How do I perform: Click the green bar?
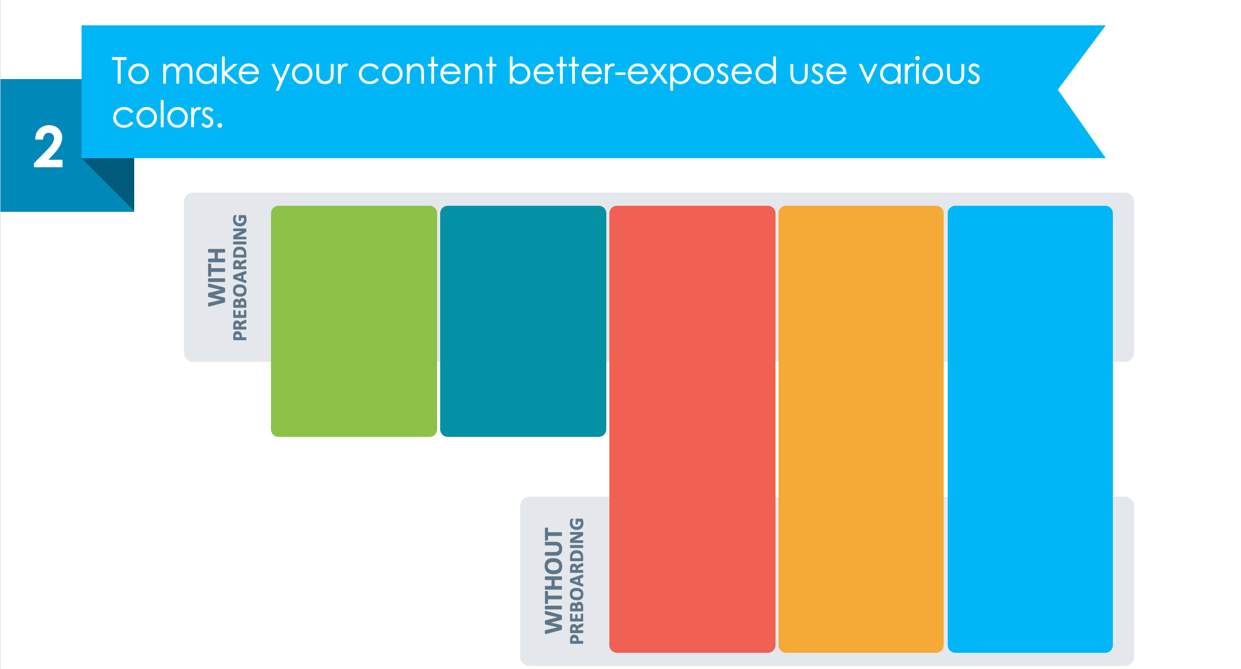[x=354, y=321]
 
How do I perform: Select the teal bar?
[x=523, y=321]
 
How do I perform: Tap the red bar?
[x=692, y=429]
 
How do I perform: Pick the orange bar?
[x=861, y=429]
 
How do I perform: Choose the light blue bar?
[x=1030, y=429]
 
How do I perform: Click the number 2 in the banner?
[x=49, y=147]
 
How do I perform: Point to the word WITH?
[x=217, y=277]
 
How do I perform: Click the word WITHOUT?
[x=554, y=580]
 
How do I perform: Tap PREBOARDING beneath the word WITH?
[x=240, y=277]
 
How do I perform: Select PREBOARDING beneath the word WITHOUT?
[x=576, y=581]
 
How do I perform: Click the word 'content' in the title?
[x=427, y=71]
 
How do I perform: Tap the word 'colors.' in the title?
[x=168, y=115]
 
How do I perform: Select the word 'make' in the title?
[x=210, y=70]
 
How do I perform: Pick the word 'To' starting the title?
[x=131, y=71]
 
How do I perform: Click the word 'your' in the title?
[x=309, y=75]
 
